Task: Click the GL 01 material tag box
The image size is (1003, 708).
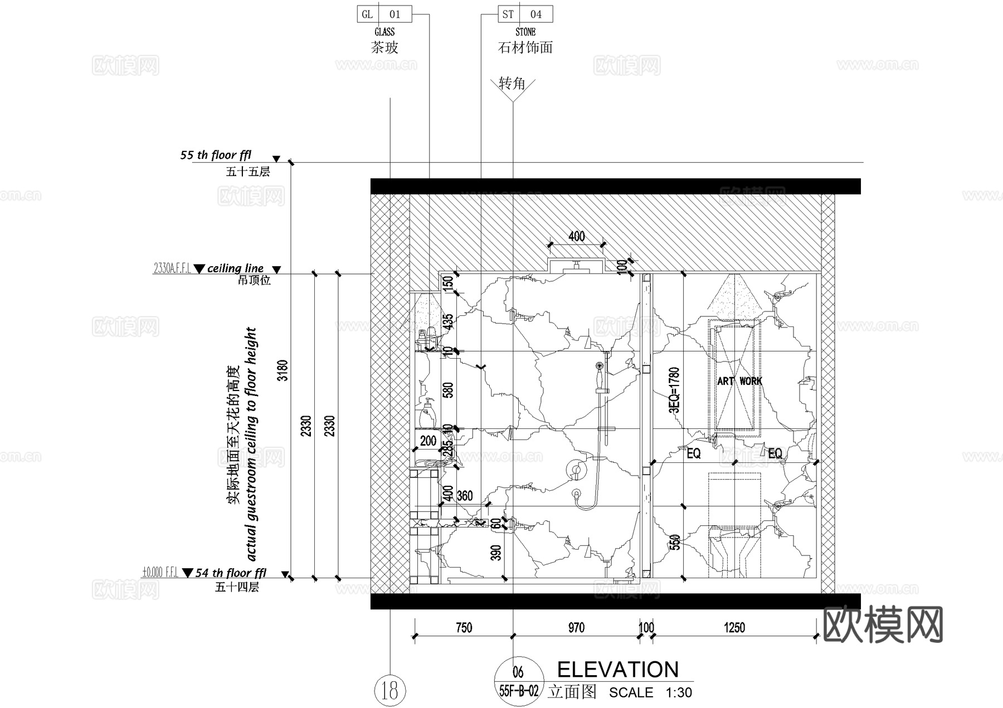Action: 384,14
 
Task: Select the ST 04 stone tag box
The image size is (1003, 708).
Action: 525,14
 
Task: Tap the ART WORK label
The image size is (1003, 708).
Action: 739,381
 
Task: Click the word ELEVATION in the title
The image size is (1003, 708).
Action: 617,670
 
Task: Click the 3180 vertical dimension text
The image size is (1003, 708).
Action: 283,370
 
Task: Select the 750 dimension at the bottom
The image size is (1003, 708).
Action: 464,628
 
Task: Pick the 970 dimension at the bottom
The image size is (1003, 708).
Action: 576,628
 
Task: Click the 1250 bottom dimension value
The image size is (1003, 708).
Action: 734,628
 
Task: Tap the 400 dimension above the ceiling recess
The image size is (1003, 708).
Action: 577,236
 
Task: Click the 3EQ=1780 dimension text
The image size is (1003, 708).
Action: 674,390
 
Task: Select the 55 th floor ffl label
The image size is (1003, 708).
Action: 216,155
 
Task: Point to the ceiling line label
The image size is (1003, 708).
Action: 235,268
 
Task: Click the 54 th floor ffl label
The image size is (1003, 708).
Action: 231,573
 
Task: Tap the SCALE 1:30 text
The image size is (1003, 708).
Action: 650,692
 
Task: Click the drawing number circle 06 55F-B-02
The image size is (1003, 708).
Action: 518,681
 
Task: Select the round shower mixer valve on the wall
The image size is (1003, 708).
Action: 574,470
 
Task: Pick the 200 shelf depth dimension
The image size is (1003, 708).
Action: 428,441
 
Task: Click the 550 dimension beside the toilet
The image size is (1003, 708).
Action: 674,542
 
